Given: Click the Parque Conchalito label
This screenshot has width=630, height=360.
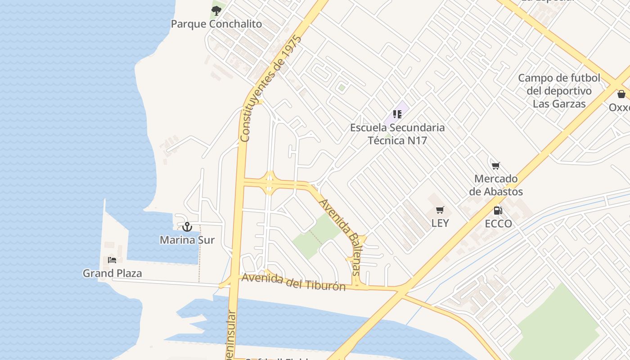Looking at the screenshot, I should tap(216, 24).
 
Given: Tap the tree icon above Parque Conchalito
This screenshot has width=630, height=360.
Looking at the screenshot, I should tap(216, 10).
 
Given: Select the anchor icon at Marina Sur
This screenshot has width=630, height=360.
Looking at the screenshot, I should tap(187, 226).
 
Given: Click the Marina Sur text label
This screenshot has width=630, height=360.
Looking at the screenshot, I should tap(187, 240).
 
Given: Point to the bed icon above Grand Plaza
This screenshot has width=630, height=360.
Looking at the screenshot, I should tap(112, 260).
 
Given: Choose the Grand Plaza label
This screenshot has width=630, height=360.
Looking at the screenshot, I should tap(112, 273).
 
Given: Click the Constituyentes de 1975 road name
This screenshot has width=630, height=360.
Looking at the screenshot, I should tap(270, 88).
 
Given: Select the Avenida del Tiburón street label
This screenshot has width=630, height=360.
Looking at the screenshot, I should tap(293, 282).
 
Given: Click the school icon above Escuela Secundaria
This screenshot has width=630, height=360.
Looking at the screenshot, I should tap(397, 114).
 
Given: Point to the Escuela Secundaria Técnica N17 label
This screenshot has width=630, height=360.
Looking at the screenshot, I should tap(397, 134).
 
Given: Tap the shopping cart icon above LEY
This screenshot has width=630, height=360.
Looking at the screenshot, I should tap(440, 210).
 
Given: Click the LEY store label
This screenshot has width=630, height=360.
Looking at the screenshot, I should tap(440, 223).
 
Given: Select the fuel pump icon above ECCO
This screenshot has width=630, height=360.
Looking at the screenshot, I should tap(498, 210).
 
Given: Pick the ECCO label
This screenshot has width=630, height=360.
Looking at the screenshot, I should tap(498, 224).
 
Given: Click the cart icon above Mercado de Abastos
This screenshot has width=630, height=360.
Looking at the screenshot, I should tap(496, 166).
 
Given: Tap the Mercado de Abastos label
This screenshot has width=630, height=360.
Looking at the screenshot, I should tap(496, 185).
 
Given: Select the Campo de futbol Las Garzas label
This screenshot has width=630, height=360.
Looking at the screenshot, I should tap(559, 91).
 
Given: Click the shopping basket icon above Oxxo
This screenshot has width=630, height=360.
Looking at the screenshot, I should tap(621, 94).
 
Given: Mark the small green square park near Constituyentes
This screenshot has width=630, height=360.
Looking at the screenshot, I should tap(342, 88).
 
